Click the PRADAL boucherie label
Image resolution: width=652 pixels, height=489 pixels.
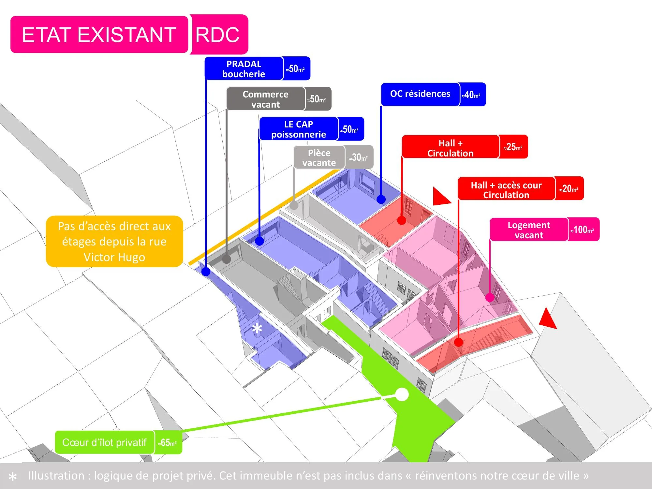244,68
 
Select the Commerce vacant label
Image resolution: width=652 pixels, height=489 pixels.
266,99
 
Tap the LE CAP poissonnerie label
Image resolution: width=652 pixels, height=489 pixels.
299,129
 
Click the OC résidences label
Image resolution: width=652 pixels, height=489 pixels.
420,94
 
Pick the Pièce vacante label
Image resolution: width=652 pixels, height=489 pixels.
319,157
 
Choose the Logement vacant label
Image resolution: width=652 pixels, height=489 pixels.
529,230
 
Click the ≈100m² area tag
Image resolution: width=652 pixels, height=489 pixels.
583,230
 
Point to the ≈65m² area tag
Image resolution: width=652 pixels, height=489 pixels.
168,442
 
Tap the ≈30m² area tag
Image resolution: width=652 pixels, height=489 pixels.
359,157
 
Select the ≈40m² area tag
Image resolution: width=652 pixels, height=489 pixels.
472,94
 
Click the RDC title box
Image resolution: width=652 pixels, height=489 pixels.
219,34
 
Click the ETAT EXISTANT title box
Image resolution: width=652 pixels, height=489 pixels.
99,35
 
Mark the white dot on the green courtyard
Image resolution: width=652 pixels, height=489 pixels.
402,395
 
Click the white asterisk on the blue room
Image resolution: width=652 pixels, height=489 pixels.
257,329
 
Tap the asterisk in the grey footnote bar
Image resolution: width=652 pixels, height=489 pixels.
13,477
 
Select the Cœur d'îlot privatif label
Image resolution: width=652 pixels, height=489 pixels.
105,442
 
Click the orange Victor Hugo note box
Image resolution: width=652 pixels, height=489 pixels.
114,241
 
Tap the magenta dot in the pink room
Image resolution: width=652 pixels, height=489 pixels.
490,297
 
